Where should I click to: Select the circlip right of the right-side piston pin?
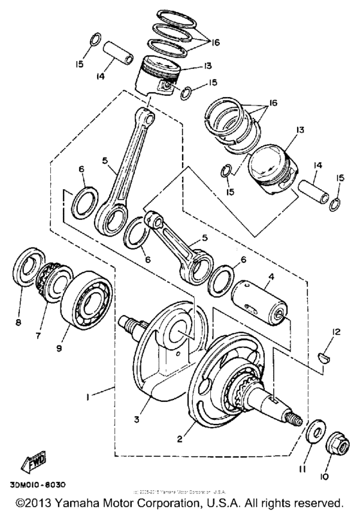pos(335,204)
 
